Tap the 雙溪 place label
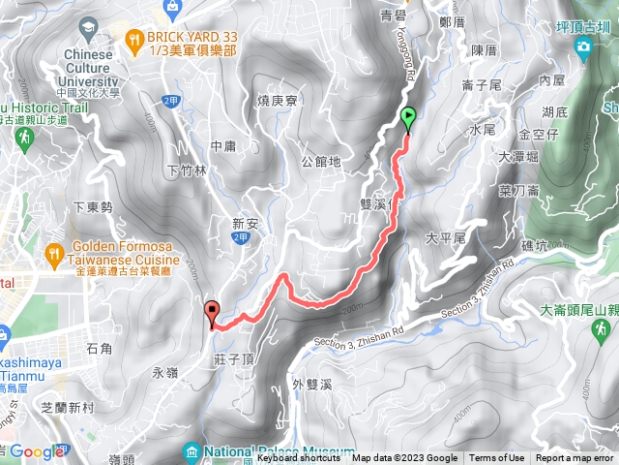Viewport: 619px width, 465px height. [x=373, y=205]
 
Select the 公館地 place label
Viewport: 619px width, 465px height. [x=321, y=162]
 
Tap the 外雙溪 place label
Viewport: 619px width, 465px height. [x=312, y=385]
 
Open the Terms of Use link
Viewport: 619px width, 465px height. [x=497, y=458]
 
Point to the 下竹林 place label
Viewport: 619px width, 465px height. [x=187, y=170]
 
